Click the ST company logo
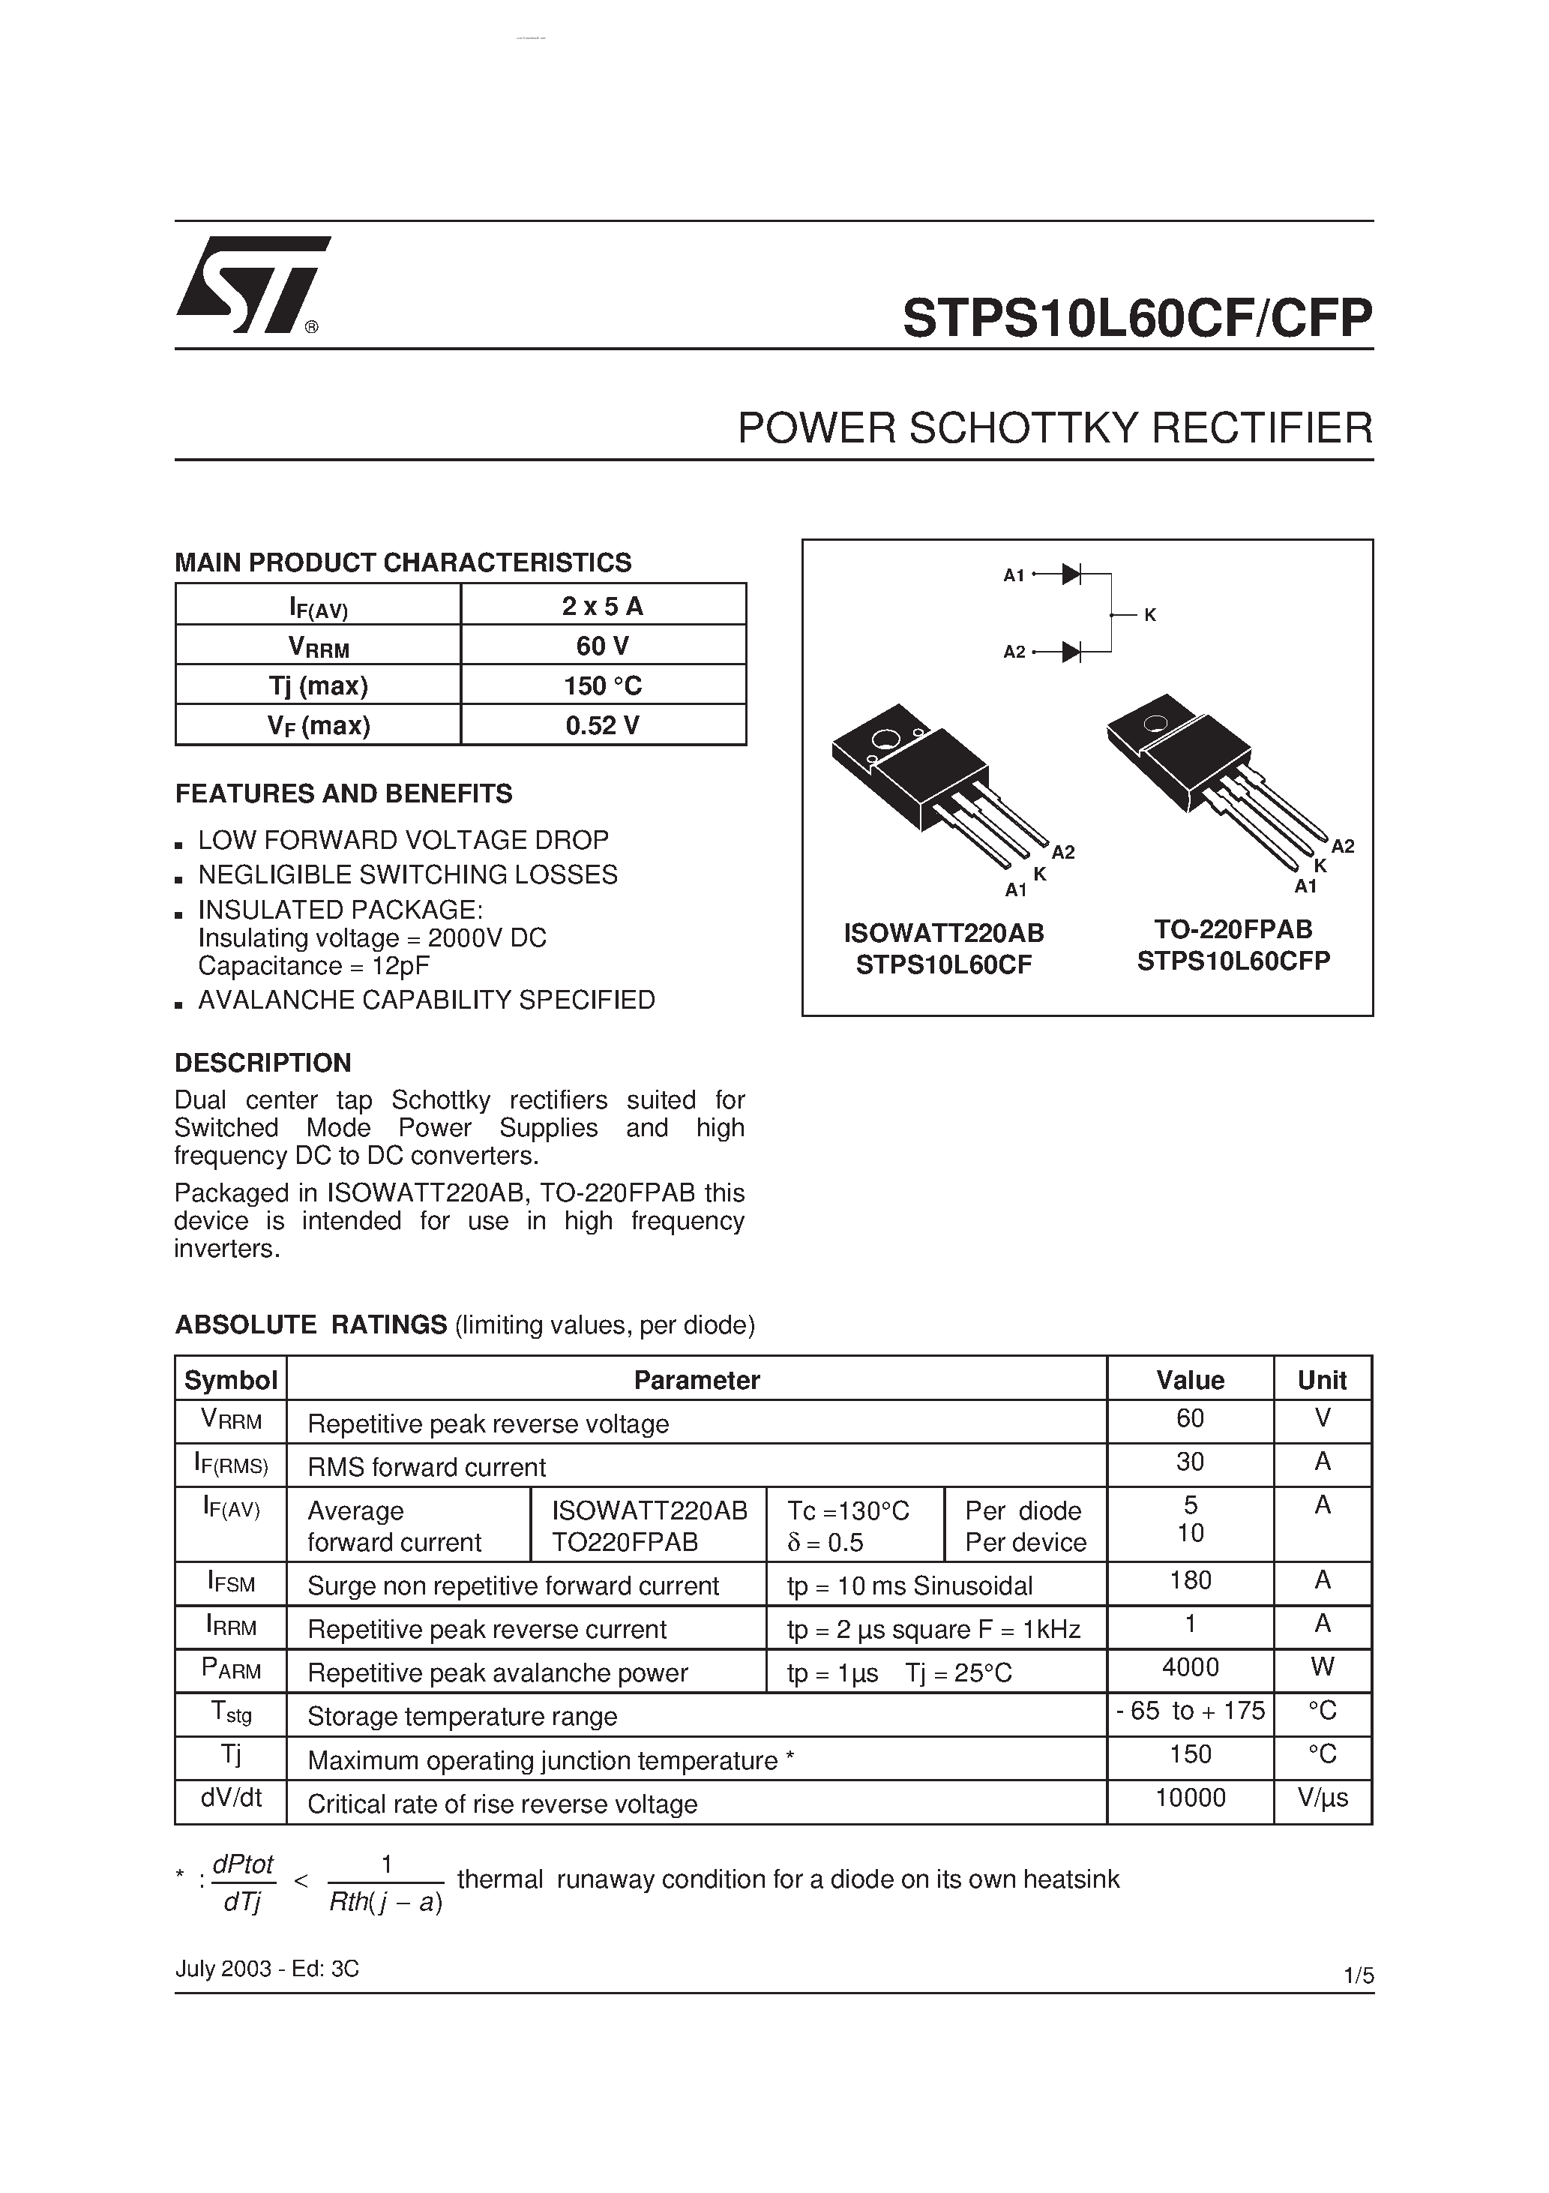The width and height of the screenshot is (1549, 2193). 250,285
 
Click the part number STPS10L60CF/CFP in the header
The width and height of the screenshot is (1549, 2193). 1137,318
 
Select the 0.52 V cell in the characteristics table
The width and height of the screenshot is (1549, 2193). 603,726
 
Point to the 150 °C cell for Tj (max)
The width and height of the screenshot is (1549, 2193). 603,685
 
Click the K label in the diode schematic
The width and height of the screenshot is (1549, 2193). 1150,616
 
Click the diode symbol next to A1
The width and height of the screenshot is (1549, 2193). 1071,574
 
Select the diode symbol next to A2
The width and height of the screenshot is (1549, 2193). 1071,652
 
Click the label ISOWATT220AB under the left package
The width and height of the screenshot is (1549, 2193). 943,932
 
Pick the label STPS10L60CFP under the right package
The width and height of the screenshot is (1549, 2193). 1233,961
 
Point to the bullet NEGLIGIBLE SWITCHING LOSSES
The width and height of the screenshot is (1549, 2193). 408,875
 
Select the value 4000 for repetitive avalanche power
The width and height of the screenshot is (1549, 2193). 1190,1668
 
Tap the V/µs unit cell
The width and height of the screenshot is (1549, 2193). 1323,1798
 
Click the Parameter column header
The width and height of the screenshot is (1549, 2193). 697,1380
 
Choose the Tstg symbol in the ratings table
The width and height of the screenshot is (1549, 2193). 230,1712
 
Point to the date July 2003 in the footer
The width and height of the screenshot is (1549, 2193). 223,1969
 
